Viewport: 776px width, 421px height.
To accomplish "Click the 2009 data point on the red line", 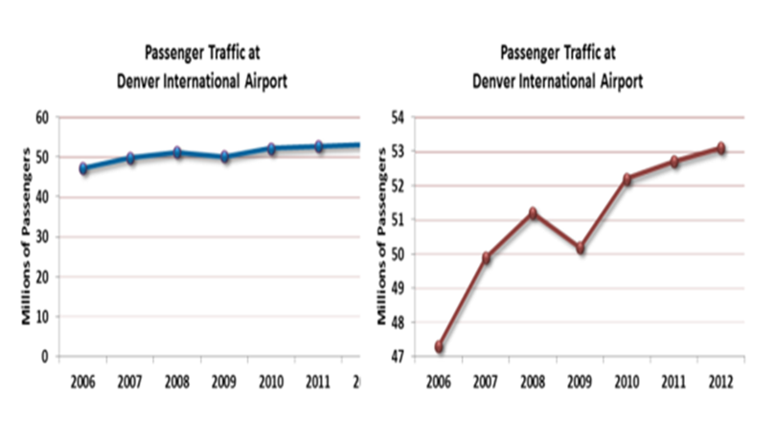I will [x=581, y=248].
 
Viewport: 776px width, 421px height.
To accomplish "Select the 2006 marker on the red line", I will [x=440, y=346].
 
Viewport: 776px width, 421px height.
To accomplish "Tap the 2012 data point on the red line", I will [x=720, y=148].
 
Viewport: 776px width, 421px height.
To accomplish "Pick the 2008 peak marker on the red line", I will [x=533, y=212].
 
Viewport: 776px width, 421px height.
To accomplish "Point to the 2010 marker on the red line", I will [x=628, y=179].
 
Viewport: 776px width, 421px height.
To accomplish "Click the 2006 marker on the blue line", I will [x=83, y=168].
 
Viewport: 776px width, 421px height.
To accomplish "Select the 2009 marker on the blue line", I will [x=224, y=156].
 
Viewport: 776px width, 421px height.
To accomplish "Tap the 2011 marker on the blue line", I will [x=318, y=146].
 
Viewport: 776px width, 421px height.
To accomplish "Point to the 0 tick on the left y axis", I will [x=45, y=356].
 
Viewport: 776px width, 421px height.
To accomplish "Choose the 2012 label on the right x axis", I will [x=719, y=381].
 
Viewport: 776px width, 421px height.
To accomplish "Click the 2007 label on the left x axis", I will [x=130, y=381].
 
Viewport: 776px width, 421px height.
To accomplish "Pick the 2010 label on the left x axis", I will [x=271, y=381].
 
